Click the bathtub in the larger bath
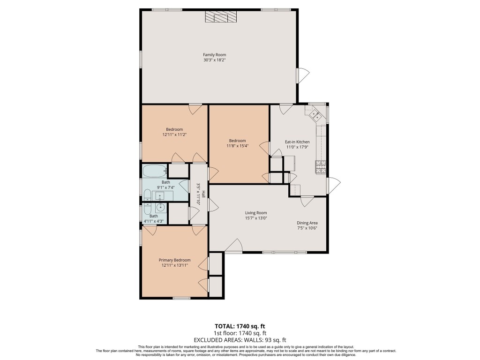click(154, 171)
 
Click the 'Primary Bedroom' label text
click(174, 260)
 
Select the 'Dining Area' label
click(307, 223)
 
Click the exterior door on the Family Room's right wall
click(303, 75)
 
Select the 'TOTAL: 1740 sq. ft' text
click(240, 326)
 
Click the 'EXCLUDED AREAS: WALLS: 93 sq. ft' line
click(240, 340)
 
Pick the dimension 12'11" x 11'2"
click(174, 135)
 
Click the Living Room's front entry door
click(233, 246)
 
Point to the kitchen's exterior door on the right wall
click(333, 186)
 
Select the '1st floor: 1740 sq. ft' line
click(240, 333)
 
